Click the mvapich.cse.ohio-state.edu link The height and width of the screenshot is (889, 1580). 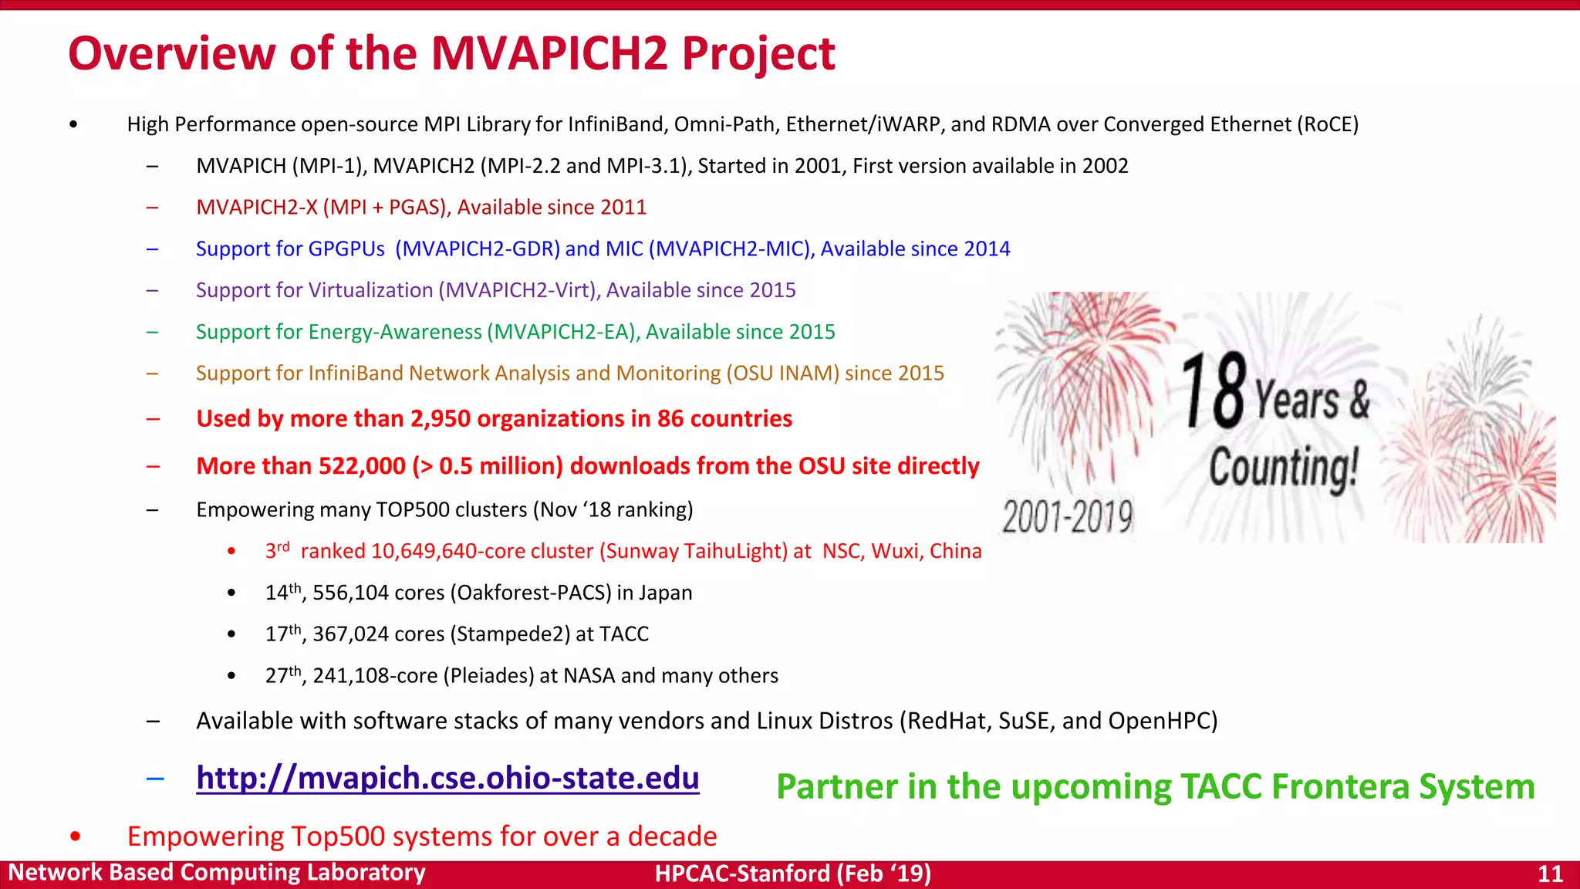click(447, 778)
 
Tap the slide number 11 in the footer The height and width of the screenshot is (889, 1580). click(1550, 874)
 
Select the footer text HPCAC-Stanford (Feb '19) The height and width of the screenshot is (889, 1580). click(792, 874)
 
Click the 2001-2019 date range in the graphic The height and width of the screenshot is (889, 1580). click(1067, 516)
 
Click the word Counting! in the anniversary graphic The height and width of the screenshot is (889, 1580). click(1283, 468)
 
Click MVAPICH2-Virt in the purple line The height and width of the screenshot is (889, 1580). click(519, 290)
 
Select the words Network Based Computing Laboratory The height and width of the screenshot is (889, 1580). click(217, 873)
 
